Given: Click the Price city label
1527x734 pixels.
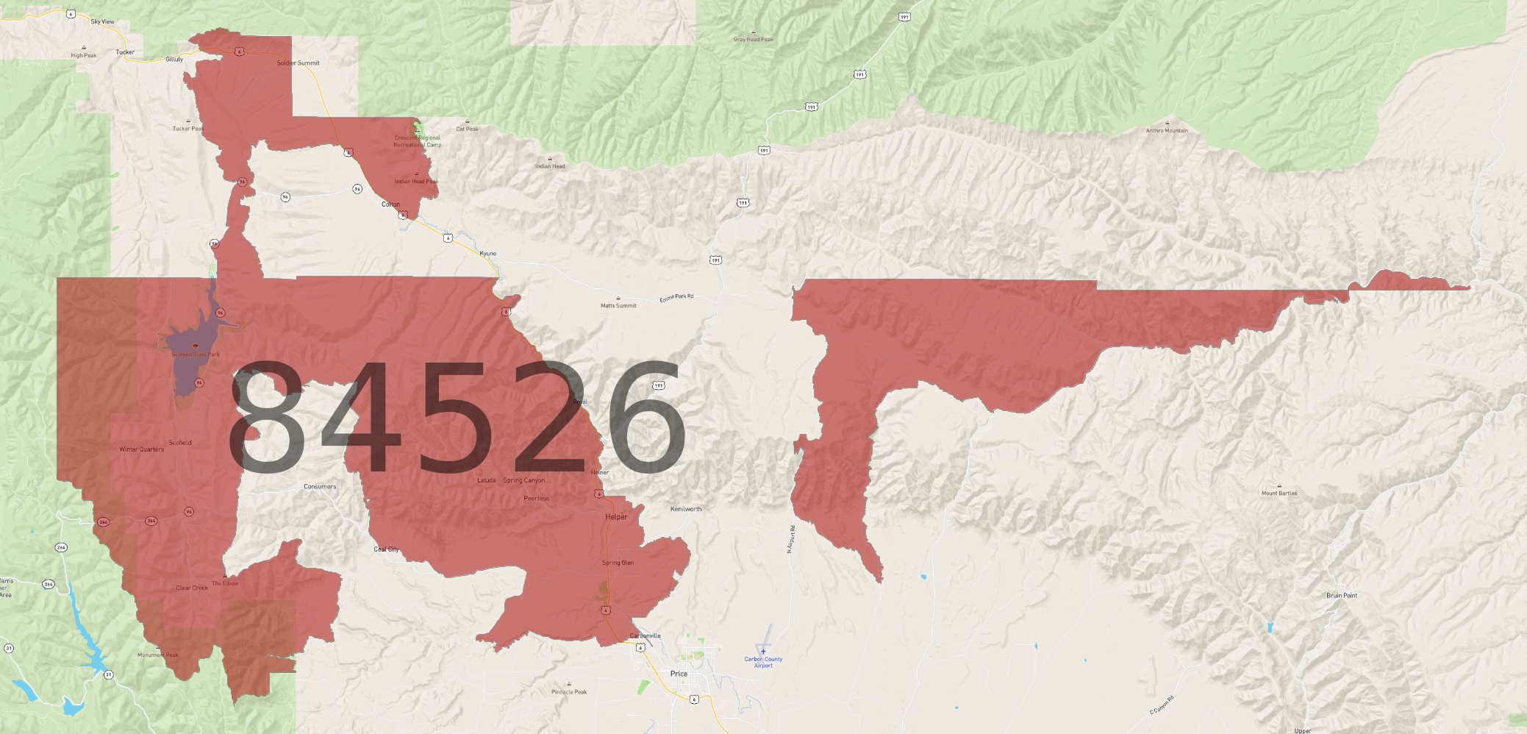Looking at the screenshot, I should click(x=679, y=674).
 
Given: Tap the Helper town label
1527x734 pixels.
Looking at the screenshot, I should click(x=616, y=517).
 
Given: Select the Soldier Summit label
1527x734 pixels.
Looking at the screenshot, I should click(x=298, y=63).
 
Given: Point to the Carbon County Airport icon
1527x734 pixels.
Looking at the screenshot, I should click(x=763, y=651).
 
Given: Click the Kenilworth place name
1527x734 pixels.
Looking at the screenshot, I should click(x=686, y=509).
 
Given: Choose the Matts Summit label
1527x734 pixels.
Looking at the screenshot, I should click(x=618, y=305).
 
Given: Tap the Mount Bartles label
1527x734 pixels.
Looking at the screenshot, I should click(x=1279, y=494).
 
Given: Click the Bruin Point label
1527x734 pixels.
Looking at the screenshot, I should click(x=1342, y=596).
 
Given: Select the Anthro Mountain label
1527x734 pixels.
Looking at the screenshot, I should click(x=1167, y=131).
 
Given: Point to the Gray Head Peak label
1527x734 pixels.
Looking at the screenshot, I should click(x=754, y=40).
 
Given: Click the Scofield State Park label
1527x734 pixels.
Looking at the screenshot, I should click(x=196, y=354).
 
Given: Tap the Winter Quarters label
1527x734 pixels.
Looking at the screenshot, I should click(x=142, y=449).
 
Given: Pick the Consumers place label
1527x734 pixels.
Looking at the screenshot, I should click(x=320, y=487).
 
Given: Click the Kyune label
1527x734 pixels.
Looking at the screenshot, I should click(x=488, y=254).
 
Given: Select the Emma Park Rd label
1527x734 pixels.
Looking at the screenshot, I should click(x=676, y=298).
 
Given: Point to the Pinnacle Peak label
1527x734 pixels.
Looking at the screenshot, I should click(x=569, y=692).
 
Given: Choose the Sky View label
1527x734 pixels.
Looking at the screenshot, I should click(x=102, y=22).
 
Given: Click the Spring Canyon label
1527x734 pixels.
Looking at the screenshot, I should click(x=524, y=481).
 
